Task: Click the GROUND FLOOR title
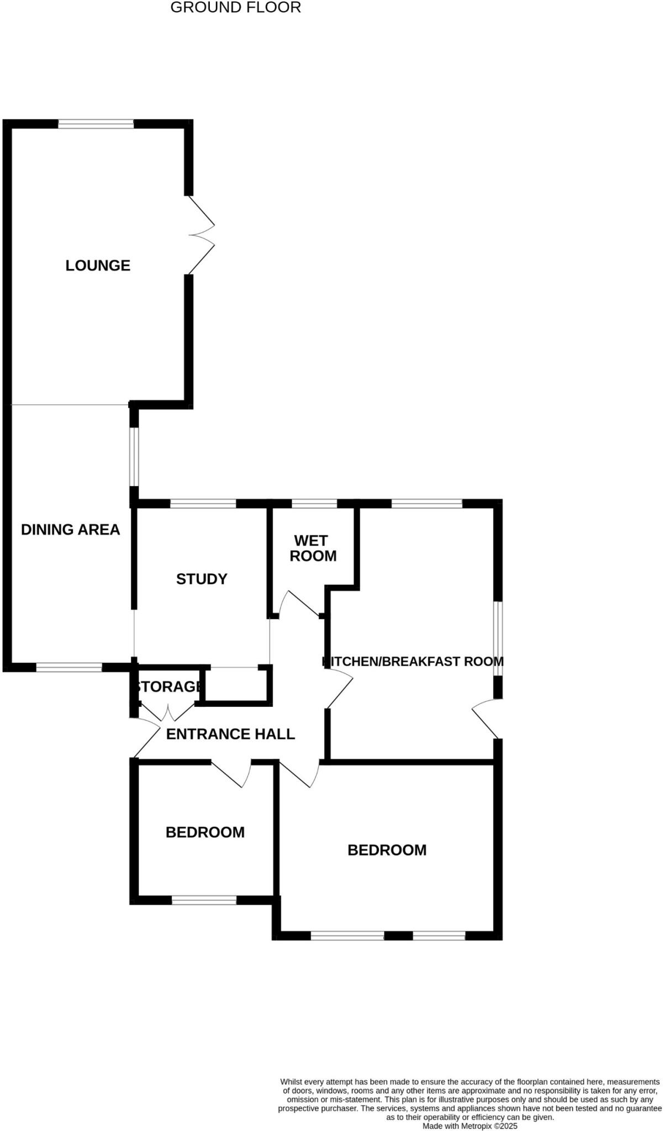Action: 235,8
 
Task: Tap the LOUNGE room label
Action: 98,266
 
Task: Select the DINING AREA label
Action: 70,530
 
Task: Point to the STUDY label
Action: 202,579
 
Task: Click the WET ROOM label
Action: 313,548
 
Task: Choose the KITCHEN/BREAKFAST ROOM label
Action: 413,661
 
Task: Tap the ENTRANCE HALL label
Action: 230,734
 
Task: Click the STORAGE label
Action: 168,686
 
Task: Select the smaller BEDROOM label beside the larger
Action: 205,832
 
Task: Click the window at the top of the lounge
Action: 96,124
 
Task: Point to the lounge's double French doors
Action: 200,235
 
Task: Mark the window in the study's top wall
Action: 203,504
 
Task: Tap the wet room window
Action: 314,504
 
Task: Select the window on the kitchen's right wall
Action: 498,638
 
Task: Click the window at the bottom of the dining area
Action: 69,668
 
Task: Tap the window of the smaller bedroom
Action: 204,900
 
